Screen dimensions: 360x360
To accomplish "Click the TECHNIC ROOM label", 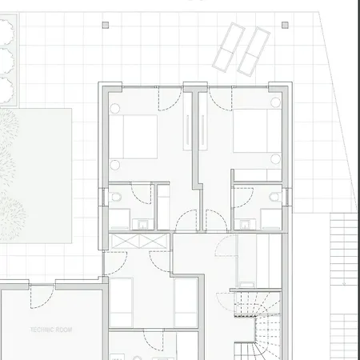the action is pos(51,330).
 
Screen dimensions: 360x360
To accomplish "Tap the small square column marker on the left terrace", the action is pos(106,25).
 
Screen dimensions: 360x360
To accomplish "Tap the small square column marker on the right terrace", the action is pos(285,25).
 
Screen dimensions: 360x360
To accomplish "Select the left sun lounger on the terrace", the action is pos(229,47).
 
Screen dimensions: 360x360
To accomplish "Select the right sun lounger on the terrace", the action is pos(254,51).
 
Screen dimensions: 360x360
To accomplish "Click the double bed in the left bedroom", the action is pos(133,137).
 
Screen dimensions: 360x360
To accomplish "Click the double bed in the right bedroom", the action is pos(258,130).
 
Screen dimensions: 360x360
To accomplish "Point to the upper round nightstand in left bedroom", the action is pos(114,108).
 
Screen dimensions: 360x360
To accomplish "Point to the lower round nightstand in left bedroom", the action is pos(114,165).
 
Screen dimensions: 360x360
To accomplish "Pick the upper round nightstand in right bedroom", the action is pos(275,102).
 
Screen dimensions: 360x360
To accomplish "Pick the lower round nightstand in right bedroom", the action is pos(275,159).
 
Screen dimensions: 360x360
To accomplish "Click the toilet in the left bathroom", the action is pos(115,198).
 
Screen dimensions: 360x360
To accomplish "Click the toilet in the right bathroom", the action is pos(275,197).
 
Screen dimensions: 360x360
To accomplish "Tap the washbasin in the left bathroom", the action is pos(143,224).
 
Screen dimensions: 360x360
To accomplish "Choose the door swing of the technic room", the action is pos(42,297).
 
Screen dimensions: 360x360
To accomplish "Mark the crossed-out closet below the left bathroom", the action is pos(139,242).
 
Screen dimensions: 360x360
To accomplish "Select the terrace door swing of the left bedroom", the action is pos(170,98).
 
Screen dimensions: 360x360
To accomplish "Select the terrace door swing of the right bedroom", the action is pos(221,98).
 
